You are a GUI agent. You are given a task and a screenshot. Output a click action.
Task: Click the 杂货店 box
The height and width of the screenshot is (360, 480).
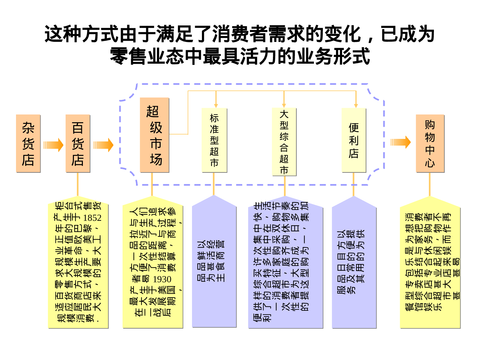tap(28, 143)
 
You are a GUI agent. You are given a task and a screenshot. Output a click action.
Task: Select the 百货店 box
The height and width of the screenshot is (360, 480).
tap(78, 143)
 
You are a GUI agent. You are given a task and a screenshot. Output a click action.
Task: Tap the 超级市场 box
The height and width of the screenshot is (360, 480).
tap(154, 135)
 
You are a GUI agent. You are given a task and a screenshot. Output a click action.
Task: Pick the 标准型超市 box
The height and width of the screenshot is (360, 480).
tap(214, 140)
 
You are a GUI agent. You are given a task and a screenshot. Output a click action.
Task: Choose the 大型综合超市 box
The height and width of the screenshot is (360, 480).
tap(284, 142)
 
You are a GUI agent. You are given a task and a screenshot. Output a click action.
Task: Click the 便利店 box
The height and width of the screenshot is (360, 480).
tap(354, 140)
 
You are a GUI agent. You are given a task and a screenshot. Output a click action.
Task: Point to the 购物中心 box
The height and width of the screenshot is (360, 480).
tap(430, 143)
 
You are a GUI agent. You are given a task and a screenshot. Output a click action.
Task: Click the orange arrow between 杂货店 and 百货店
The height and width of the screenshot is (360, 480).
tap(53, 145)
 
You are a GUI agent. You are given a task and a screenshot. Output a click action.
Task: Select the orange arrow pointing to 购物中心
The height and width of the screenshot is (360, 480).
tap(400, 142)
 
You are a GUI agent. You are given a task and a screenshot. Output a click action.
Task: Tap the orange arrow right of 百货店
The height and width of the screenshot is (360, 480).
tap(103, 145)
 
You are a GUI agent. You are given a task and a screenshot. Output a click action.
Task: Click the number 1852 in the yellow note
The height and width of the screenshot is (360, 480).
tap(92, 218)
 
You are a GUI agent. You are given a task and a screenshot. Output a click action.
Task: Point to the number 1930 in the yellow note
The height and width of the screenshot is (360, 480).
tap(162, 279)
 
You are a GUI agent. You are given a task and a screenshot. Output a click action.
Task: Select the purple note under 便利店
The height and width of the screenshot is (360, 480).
tap(354, 262)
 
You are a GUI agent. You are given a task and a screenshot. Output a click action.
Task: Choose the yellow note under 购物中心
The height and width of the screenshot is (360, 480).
tap(430, 262)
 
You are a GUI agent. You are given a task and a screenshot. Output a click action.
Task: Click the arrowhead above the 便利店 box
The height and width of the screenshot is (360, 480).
tap(356, 106)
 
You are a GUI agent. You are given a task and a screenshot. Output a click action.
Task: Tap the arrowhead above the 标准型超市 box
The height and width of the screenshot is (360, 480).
tap(216, 106)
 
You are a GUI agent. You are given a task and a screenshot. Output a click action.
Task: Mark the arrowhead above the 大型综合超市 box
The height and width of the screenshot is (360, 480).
tap(284, 106)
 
